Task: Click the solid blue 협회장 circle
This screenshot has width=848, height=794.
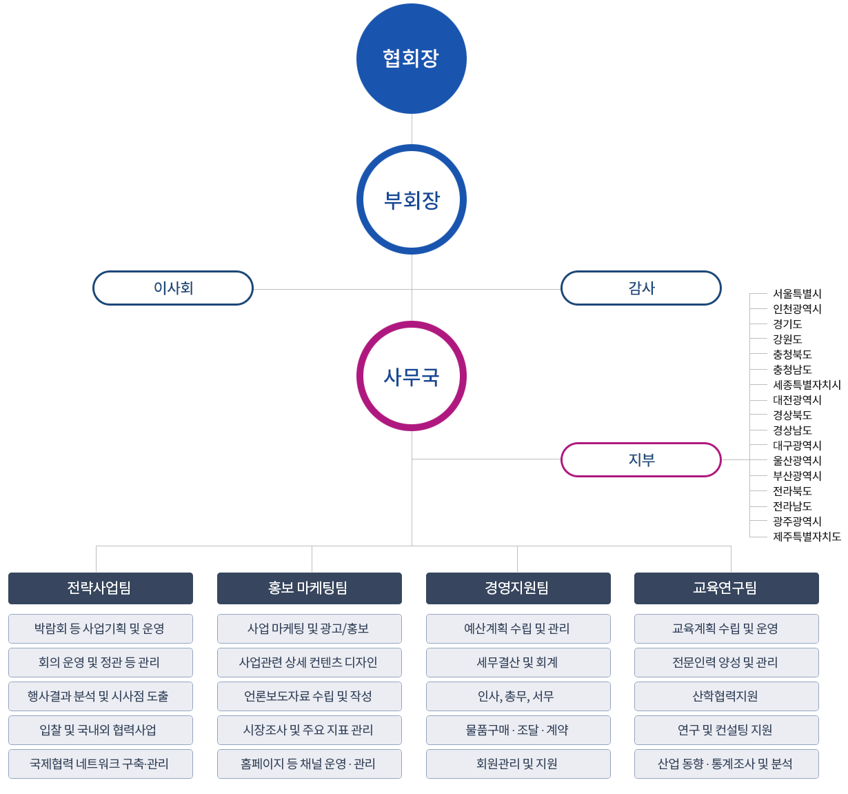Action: click(x=412, y=59)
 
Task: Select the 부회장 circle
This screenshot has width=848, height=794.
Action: click(x=412, y=200)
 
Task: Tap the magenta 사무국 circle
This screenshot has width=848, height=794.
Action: click(x=412, y=377)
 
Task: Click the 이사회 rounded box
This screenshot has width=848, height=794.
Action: click(x=173, y=288)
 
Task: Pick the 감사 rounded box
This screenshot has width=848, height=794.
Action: click(x=641, y=288)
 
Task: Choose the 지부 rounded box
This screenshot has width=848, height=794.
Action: click(x=641, y=459)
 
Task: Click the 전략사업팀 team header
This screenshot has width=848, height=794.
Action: click(x=101, y=588)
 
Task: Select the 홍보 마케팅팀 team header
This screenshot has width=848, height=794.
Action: click(x=310, y=588)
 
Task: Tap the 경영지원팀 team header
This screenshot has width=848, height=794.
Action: click(x=518, y=588)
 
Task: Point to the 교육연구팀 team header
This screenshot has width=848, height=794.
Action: click(x=727, y=588)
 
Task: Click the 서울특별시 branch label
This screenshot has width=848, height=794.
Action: click(x=797, y=294)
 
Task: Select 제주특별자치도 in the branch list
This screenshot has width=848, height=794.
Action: click(x=807, y=537)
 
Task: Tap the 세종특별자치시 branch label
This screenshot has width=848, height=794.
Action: click(x=807, y=385)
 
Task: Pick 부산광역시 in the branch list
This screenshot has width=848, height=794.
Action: click(x=797, y=476)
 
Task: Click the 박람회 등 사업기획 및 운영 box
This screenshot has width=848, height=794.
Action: click(x=101, y=628)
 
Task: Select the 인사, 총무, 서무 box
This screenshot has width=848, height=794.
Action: click(x=518, y=696)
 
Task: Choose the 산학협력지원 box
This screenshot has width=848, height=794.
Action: click(x=727, y=696)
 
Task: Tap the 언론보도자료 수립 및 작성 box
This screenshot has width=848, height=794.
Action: click(x=310, y=696)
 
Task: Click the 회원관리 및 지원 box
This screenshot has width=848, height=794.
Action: click(x=518, y=764)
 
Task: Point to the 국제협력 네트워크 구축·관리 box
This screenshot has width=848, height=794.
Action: click(x=101, y=764)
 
